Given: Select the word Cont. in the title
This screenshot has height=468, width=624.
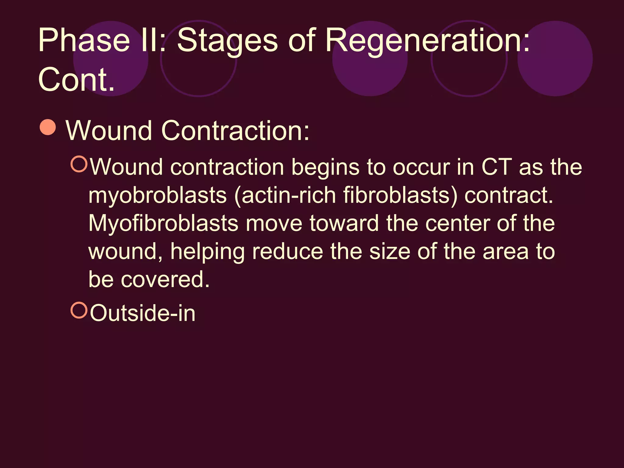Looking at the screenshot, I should tap(76, 80).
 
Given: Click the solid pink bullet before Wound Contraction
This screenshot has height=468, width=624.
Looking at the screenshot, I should tap(48, 127).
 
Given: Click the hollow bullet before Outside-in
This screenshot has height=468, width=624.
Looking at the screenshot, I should tap(79, 310).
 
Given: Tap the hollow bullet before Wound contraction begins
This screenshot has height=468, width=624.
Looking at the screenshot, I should tap(79, 164).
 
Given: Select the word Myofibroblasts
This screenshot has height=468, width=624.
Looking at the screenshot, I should tap(163, 223).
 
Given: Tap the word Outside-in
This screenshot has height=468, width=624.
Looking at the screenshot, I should tap(143, 313).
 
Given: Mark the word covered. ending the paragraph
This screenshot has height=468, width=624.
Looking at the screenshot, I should tap(165, 279).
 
